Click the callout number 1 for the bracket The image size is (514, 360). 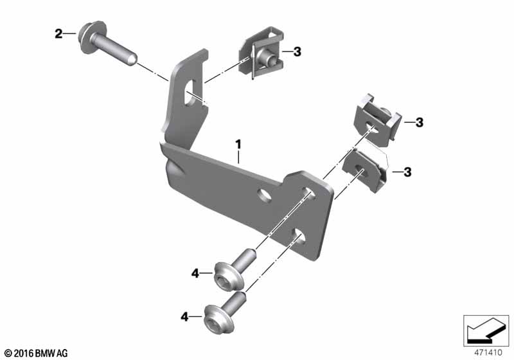pyautogui.click(x=238, y=144)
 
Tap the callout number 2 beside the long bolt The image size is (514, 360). pyautogui.click(x=58, y=33)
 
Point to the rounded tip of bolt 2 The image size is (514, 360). pyautogui.click(x=131, y=59)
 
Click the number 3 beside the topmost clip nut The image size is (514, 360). pyautogui.click(x=297, y=51)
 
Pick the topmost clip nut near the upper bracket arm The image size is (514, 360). pyautogui.click(x=261, y=53)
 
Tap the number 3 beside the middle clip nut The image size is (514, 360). pyautogui.click(x=420, y=123)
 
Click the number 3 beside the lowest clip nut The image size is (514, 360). pyautogui.click(x=407, y=172)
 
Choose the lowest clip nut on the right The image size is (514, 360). pyautogui.click(x=364, y=170)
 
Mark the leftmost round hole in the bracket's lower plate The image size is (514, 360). pyautogui.click(x=265, y=195)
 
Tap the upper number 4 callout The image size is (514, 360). pyautogui.click(x=195, y=273)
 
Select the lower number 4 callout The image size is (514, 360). pyautogui.click(x=185, y=317)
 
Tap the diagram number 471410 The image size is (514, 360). pyautogui.click(x=488, y=353)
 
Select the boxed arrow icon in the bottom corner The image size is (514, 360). pyautogui.click(x=486, y=330)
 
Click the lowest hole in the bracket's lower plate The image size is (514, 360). pyautogui.click(x=298, y=236)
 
